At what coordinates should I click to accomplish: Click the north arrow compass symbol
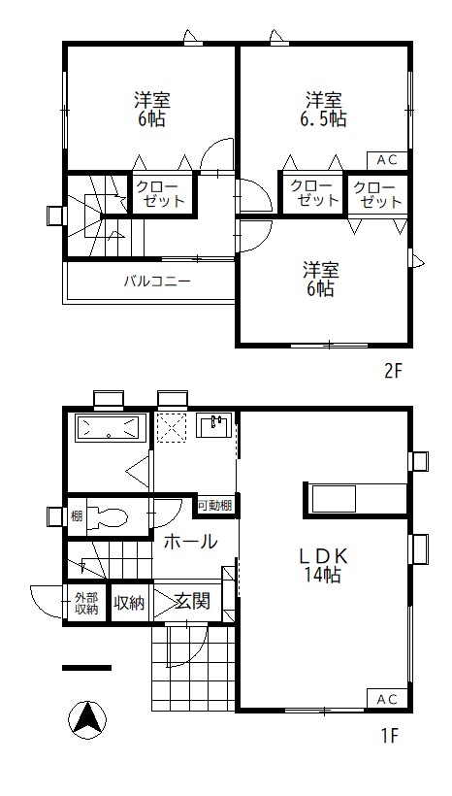(87, 720)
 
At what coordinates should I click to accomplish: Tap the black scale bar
(86, 668)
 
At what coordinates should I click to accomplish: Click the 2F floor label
(393, 372)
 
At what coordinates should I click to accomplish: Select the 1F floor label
(391, 735)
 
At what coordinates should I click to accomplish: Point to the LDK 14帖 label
(322, 566)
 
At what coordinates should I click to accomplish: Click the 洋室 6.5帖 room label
(322, 109)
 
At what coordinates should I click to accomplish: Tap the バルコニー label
(157, 281)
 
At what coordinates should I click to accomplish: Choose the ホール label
(190, 542)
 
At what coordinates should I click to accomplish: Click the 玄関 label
(192, 602)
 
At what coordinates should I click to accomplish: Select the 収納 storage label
(129, 603)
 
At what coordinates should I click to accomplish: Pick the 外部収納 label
(86, 604)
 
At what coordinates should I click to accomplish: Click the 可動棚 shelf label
(215, 506)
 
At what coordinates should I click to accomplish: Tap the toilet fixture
(107, 517)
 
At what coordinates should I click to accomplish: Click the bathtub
(108, 428)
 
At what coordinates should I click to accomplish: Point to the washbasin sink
(214, 425)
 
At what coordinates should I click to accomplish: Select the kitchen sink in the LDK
(334, 499)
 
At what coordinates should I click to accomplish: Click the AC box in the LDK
(387, 699)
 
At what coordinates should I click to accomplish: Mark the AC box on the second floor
(387, 160)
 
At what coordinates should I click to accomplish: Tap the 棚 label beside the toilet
(77, 517)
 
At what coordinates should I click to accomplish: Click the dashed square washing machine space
(172, 427)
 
